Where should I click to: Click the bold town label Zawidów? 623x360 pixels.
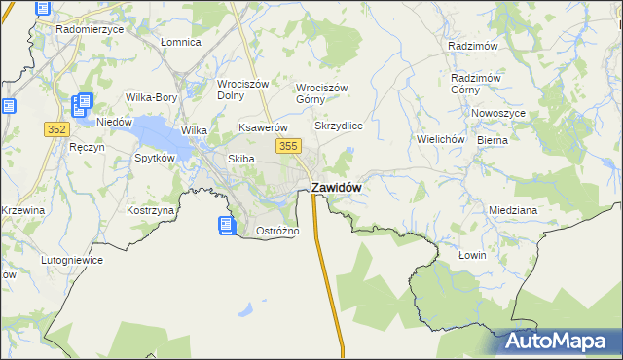[337, 188]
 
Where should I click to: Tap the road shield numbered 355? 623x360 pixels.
[287, 146]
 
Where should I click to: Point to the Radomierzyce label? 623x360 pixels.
[90, 29]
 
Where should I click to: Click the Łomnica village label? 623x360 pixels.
[180, 43]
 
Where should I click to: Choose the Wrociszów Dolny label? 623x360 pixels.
[242, 90]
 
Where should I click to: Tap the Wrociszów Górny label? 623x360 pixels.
[322, 92]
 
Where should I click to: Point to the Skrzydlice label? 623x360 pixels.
[339, 126]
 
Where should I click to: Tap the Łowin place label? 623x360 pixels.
[472, 255]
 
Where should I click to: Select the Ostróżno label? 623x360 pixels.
[277, 232]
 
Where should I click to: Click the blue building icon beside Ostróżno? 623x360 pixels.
[226, 226]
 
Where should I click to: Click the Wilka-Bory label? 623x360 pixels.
[151, 97]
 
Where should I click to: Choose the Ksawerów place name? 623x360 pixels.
[265, 127]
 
